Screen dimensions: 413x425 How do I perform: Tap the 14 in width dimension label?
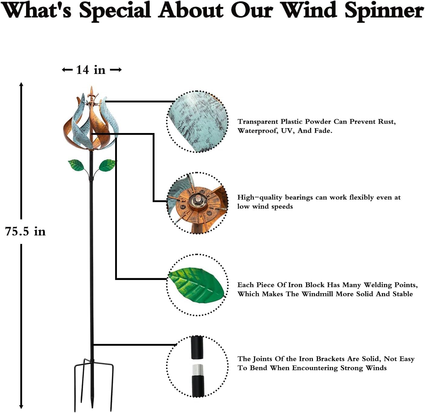click(x=91, y=70)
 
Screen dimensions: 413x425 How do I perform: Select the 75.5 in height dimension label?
click(x=25, y=231)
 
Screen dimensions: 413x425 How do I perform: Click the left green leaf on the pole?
click(x=76, y=165)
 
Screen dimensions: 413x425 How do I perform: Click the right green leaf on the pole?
click(x=107, y=165)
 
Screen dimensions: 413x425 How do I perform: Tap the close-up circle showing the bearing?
click(x=198, y=203)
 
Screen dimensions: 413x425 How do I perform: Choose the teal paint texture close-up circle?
click(x=198, y=121)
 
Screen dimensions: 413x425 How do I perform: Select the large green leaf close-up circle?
click(x=198, y=285)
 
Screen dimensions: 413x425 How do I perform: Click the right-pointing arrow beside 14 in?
click(x=116, y=70)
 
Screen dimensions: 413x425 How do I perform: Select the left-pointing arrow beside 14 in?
click(x=67, y=70)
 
